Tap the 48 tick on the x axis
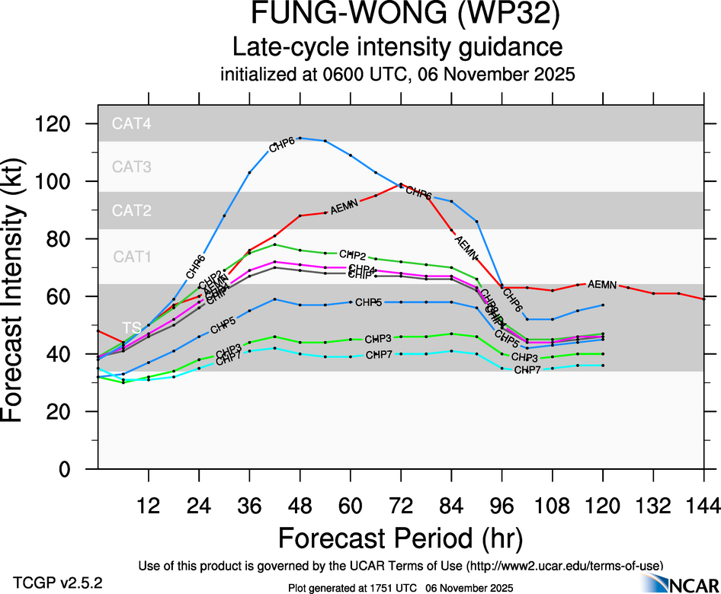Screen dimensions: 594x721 click(x=300, y=505)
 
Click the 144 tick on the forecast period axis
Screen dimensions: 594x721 click(x=703, y=505)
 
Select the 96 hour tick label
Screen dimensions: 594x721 click(x=501, y=505)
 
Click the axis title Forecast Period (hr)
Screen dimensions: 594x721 click(x=400, y=538)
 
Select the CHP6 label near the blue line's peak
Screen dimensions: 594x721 click(x=283, y=146)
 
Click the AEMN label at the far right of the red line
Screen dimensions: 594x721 click(x=602, y=284)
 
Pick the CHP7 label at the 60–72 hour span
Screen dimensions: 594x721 click(x=379, y=355)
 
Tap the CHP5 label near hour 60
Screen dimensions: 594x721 click(x=367, y=303)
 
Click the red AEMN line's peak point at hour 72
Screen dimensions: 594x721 click(x=401, y=184)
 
